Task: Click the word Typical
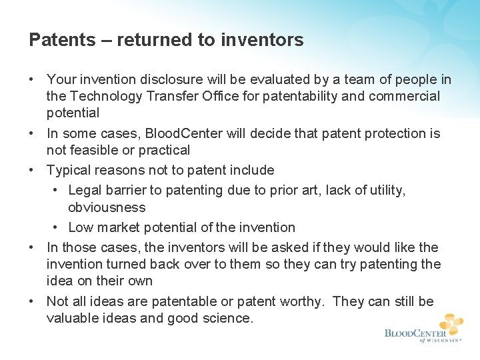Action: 69,170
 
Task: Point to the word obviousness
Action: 107,207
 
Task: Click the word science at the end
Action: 227,319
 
